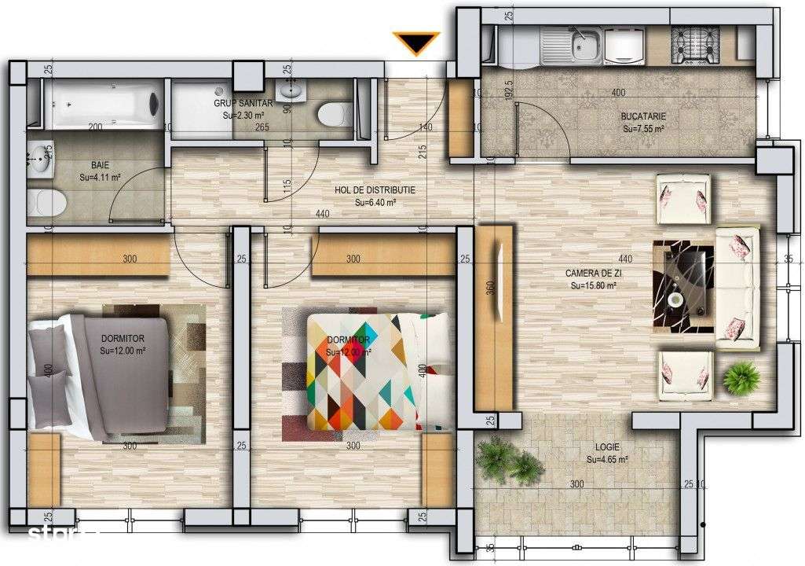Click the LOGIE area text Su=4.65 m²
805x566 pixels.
coord(607,459)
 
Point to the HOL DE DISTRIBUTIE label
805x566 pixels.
coord(375,190)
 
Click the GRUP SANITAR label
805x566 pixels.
coord(243,103)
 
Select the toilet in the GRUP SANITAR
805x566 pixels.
coord(334,114)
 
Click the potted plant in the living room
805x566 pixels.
coord(741,378)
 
